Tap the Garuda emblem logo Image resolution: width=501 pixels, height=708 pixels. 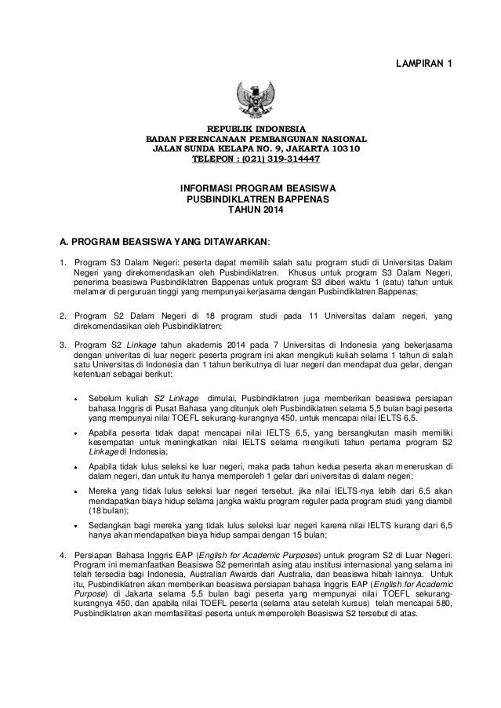pos(251,98)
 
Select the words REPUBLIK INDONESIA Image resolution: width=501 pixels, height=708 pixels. pos(251,126)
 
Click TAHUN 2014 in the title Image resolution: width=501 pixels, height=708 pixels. pos(251,211)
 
